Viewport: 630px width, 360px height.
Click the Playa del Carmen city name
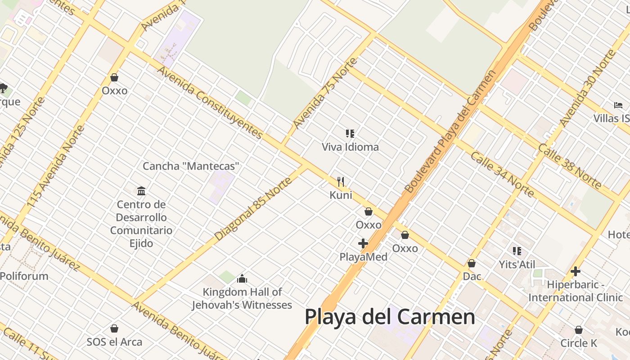[390, 317]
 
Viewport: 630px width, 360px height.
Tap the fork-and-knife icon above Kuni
[341, 182]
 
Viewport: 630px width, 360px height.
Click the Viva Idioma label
[350, 147]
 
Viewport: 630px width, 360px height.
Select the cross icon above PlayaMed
[363, 244]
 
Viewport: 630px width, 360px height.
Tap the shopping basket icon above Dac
[472, 263]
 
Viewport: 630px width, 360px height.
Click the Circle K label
[579, 343]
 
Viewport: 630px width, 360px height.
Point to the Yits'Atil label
[517, 264]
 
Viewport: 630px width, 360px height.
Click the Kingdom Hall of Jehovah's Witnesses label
[242, 298]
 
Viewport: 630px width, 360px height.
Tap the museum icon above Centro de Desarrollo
[141, 191]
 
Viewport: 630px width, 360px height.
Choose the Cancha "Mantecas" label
[191, 166]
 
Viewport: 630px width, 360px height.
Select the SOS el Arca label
[114, 342]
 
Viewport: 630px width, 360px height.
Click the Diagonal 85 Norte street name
[253, 209]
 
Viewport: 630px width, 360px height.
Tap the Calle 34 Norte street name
[502, 174]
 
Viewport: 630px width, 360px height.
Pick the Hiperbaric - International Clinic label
[576, 291]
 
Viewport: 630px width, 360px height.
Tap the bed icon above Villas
[618, 105]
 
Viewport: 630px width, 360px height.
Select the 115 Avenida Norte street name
[56, 166]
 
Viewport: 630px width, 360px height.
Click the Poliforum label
[24, 276]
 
